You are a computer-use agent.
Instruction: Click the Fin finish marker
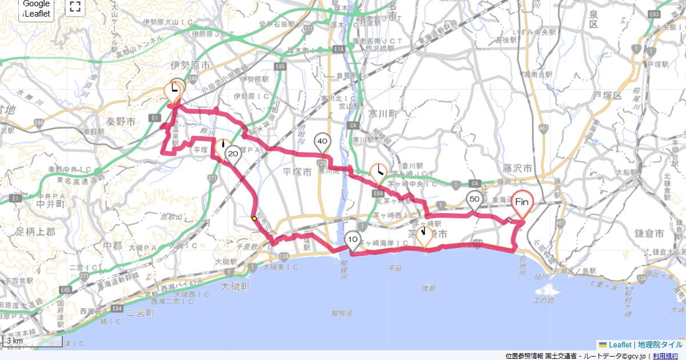coord(521,202)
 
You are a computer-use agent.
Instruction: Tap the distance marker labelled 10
coord(353,240)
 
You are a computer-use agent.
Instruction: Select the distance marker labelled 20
coord(233,153)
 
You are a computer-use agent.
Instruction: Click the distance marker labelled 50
coord(474,200)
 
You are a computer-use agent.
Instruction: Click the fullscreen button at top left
coord(75,7)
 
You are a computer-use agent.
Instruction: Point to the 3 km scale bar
coord(23,342)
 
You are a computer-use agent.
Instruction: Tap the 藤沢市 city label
coord(519,169)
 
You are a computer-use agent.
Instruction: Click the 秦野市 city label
coord(121,122)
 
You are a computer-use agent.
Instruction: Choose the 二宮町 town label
coord(141,313)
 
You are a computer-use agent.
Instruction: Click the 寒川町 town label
coord(382,114)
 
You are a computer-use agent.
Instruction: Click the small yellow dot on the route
coord(253,218)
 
